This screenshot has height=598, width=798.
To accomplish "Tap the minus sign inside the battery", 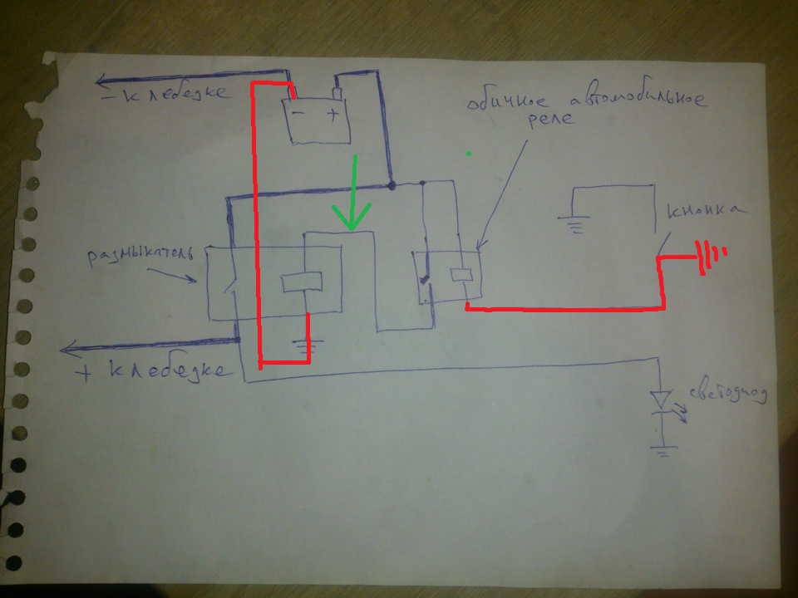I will click(x=298, y=115).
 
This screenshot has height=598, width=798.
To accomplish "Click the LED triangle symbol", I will click(x=660, y=399).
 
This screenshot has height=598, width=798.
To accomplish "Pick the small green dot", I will click(x=469, y=154).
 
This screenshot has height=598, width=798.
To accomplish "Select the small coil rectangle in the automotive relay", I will click(x=461, y=273).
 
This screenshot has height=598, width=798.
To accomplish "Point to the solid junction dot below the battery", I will click(x=391, y=184).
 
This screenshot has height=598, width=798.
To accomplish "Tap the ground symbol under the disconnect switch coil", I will click(x=308, y=345).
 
